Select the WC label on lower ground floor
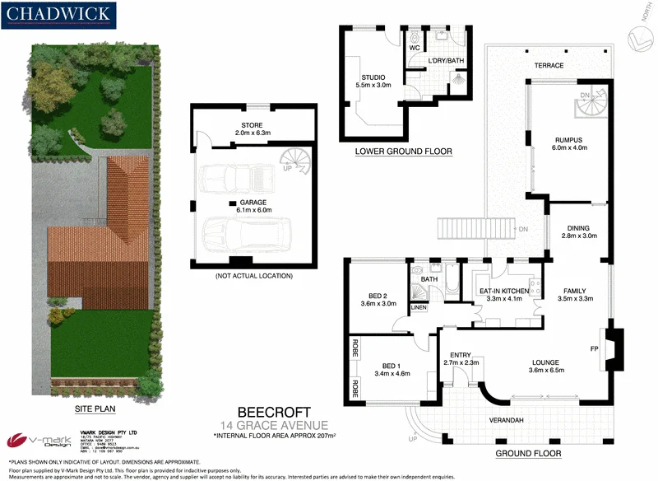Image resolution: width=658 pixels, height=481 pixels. [415, 49]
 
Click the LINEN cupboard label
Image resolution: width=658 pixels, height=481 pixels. [419, 307]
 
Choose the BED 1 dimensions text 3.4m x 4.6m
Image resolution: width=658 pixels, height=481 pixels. [390, 374]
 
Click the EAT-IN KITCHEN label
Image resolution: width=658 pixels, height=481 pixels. [505, 290]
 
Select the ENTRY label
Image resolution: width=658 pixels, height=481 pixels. [460, 355]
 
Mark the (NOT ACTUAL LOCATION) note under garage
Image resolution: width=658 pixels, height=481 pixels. [253, 275]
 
